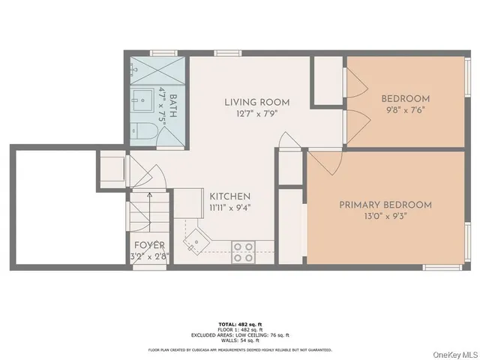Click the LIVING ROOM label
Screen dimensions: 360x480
[x=257, y=102]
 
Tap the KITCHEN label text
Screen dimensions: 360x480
[x=230, y=196]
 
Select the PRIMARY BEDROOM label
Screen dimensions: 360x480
[x=385, y=205]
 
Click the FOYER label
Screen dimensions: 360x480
[x=149, y=245]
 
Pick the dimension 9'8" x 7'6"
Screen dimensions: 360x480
[x=405, y=111]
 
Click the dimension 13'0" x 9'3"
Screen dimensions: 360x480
[x=385, y=217]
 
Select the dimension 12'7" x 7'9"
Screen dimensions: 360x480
[x=257, y=114]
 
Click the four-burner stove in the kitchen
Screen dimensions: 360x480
[x=242, y=251]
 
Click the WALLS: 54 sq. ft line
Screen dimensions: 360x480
[x=240, y=341]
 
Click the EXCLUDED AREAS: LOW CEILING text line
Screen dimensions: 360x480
[x=240, y=336]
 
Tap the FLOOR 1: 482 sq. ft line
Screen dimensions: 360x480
[x=240, y=331]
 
